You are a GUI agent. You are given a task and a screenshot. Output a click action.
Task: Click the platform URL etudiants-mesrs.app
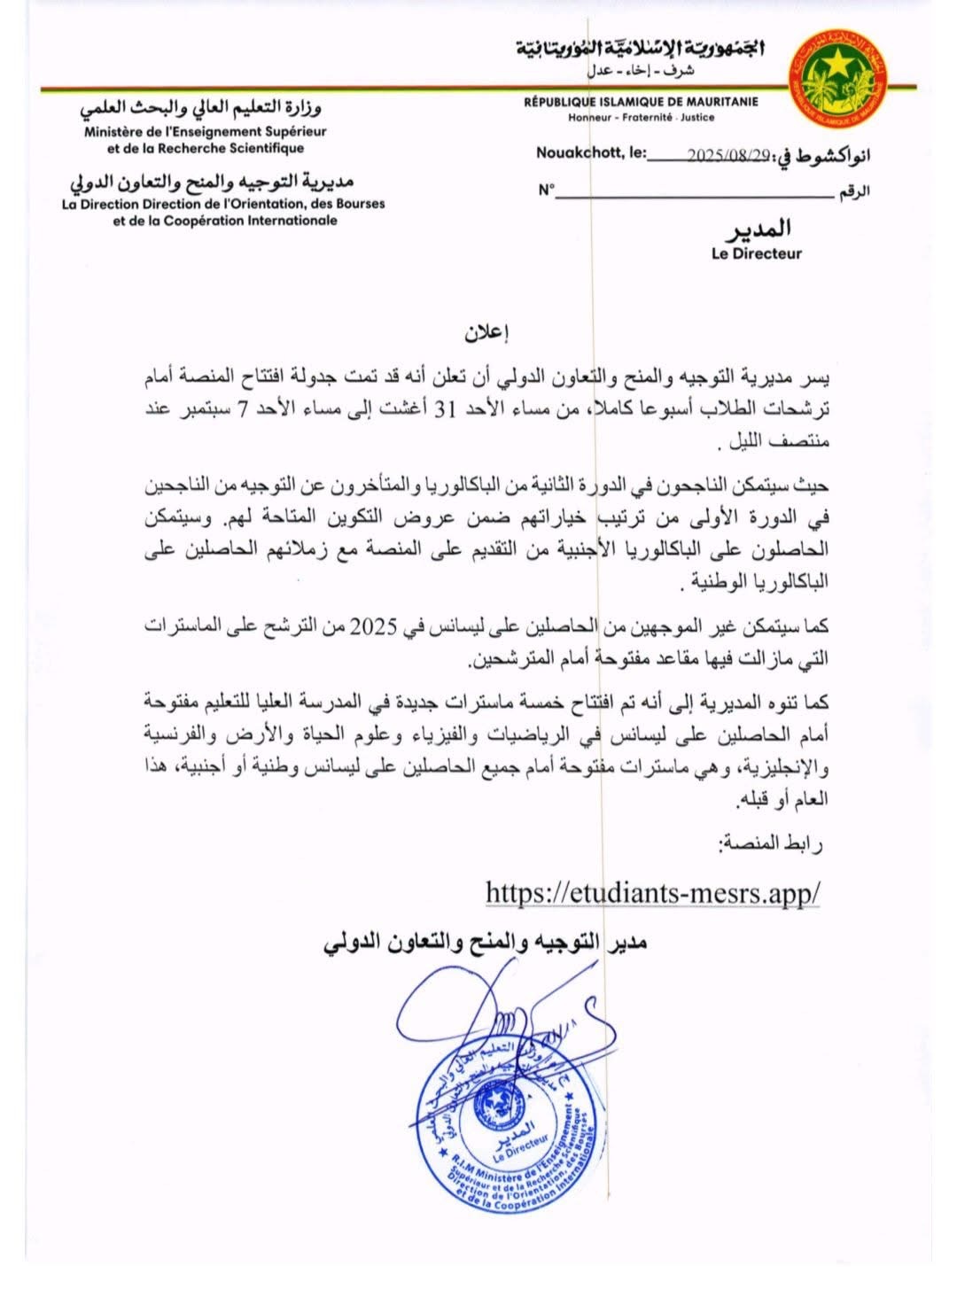652,892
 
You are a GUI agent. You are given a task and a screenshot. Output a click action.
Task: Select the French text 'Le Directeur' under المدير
756,253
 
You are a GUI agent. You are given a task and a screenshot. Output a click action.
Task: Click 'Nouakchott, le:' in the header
591,153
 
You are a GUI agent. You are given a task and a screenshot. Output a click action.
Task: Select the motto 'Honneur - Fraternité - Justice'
641,117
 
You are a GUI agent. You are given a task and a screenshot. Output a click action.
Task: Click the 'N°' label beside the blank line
545,190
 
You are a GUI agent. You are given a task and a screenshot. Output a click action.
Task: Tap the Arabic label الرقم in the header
853,191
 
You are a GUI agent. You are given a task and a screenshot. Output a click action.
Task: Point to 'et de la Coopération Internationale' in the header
225,221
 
